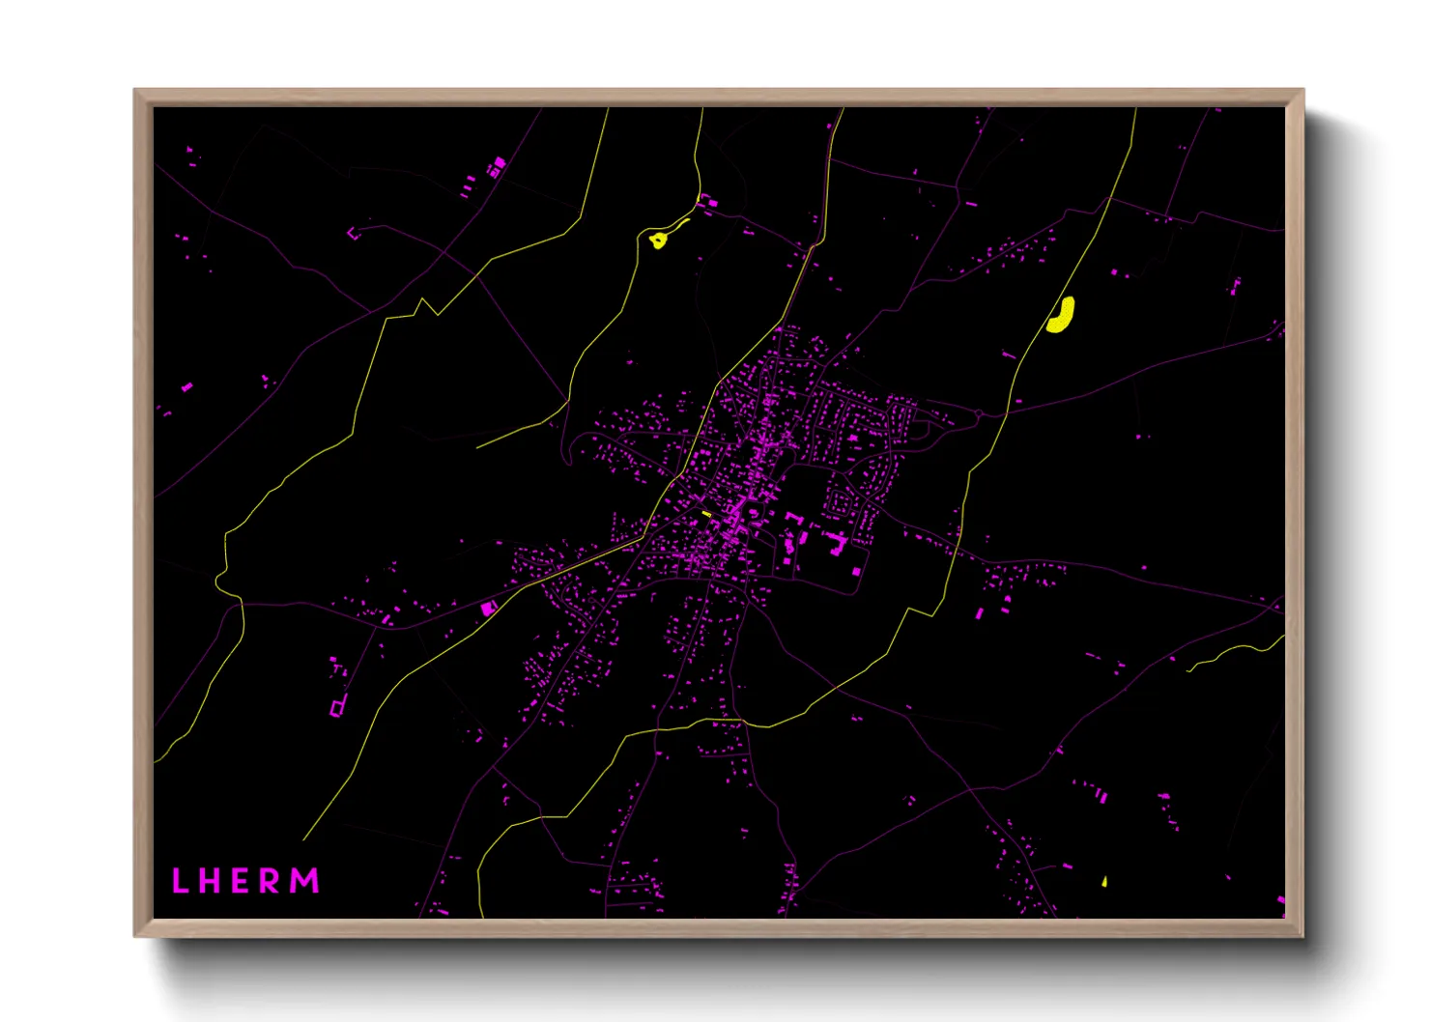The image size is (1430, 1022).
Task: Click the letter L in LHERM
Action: point(179,880)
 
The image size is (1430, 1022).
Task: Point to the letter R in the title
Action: point(272,880)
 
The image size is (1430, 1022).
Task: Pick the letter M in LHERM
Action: point(305,880)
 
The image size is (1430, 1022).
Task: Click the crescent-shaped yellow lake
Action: point(1062,315)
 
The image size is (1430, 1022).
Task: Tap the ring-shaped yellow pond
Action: point(658,240)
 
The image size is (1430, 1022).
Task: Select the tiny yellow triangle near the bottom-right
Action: point(1104,881)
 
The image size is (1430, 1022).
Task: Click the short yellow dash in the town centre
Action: point(706,513)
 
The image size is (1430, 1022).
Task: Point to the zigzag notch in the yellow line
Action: point(423,307)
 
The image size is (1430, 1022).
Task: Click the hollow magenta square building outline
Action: point(337,708)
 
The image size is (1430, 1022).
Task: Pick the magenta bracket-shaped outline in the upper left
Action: point(354,232)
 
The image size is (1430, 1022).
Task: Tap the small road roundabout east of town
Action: point(979,414)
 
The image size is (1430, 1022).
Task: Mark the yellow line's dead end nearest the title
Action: point(303,838)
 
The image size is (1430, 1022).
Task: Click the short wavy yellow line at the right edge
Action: point(1237,652)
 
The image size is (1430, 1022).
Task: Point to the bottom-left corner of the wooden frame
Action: point(135,935)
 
